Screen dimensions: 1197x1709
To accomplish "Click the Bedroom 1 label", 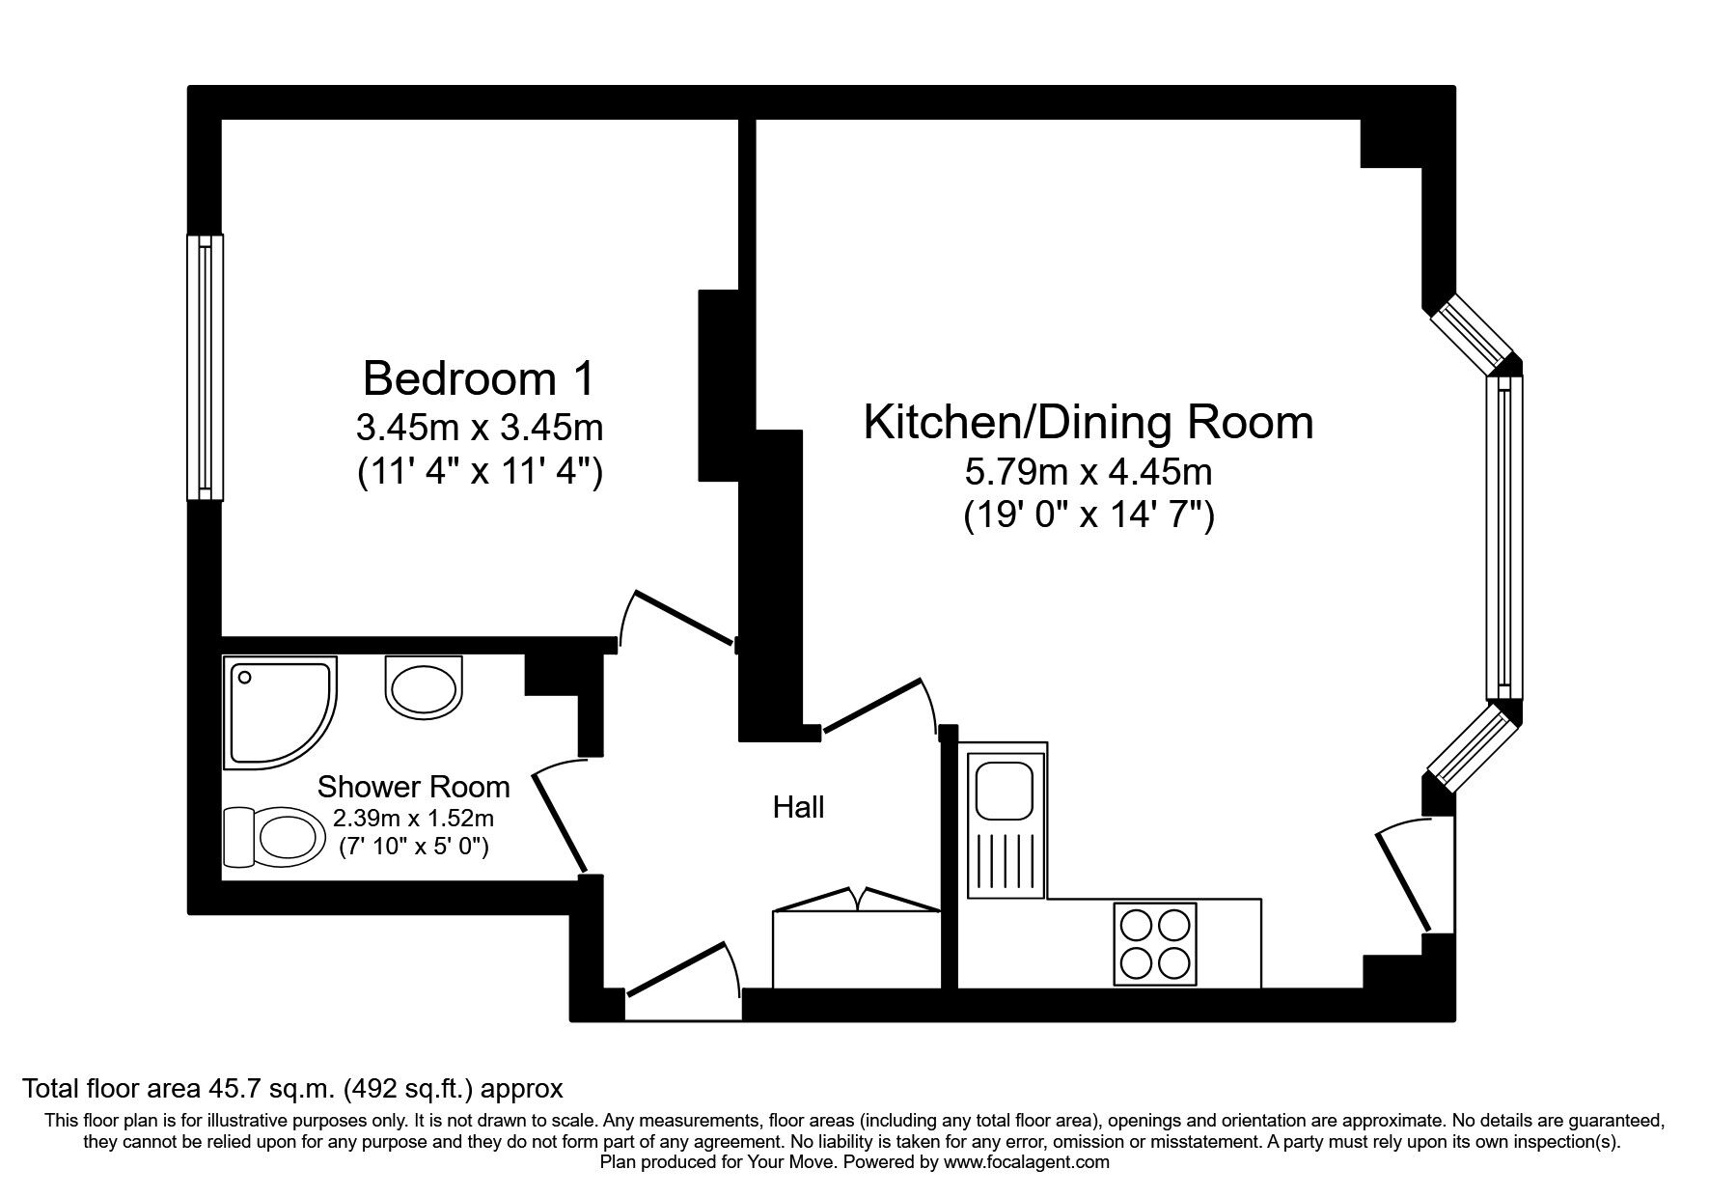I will coord(480,378).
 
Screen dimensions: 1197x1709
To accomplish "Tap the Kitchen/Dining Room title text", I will coord(1088,423).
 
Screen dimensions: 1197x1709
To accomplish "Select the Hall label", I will coord(798,807).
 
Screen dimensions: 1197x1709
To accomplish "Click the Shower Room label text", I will coord(413,787).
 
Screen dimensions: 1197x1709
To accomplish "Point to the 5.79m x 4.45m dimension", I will coord(1088,473).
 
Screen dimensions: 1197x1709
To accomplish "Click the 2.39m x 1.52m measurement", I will coord(413,820).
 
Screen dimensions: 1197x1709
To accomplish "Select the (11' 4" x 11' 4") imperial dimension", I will coord(480,473).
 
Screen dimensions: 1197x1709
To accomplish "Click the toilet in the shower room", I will coord(275,836).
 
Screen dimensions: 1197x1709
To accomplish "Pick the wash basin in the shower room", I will coord(424,686).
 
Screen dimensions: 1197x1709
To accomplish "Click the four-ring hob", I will coord(1154,943).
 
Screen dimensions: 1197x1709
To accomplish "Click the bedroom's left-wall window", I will coord(205,368).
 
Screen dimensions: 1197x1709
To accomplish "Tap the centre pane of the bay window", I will coord(1503,537).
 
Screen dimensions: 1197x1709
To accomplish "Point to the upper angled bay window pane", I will coord(1470,334).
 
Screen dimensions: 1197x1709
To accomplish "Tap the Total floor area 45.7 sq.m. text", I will coord(292,1089).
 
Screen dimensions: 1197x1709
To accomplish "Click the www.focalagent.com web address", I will coord(1026,1162).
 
